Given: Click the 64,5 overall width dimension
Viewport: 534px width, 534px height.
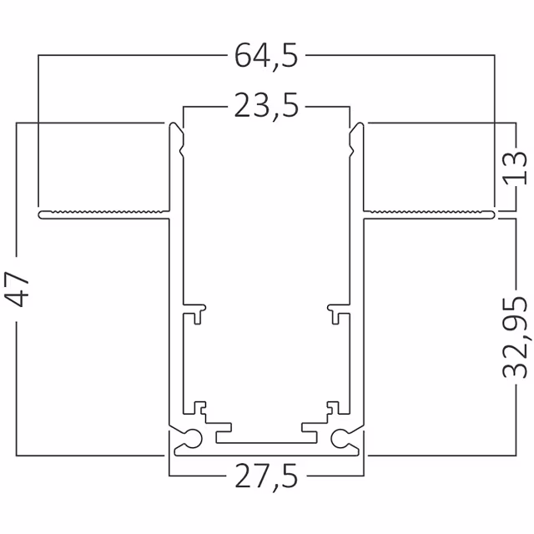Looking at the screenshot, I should [266, 56].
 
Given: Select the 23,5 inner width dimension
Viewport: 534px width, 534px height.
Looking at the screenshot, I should [266, 108].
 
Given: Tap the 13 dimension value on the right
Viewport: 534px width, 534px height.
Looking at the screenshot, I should [516, 168].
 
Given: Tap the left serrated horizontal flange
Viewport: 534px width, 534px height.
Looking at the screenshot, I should [104, 214].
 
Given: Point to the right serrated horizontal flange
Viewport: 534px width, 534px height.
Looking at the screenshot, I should [429, 214].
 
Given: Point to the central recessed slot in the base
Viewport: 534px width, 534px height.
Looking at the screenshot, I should [266, 436].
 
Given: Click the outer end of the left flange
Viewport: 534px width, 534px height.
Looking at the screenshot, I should [41, 215].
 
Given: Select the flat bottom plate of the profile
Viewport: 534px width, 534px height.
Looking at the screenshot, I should [266, 451].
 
